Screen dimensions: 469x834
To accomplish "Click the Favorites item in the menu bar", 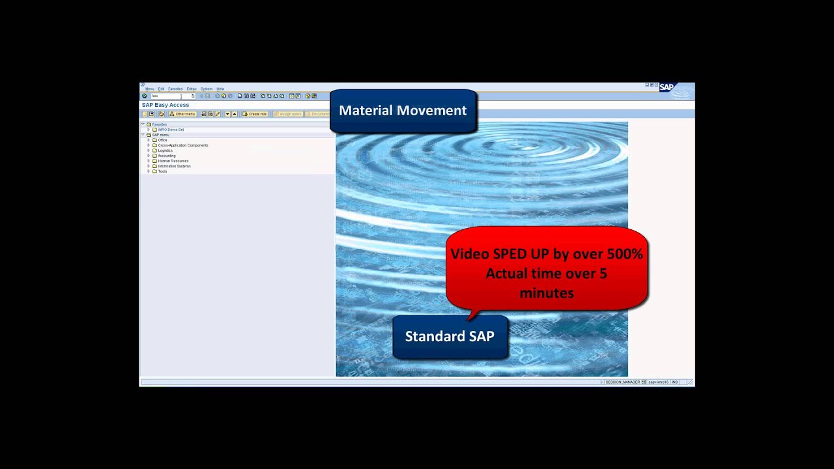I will [x=175, y=89].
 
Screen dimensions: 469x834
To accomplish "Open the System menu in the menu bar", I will [x=206, y=89].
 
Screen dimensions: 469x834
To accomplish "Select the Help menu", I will [x=220, y=89].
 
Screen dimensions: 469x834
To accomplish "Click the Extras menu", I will [x=191, y=89].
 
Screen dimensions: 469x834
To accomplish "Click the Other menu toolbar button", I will [x=182, y=114].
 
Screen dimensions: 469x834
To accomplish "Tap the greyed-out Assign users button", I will [x=287, y=114].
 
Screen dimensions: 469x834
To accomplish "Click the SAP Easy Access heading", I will [x=165, y=105].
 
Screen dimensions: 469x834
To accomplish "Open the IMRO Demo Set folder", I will [x=171, y=130].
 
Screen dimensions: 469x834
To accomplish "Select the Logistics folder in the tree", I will [x=165, y=150].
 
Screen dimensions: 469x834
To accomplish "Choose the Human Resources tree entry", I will [x=173, y=161].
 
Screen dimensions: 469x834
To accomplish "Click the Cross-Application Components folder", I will [x=182, y=145].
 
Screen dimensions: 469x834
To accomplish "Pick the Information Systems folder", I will [x=174, y=166].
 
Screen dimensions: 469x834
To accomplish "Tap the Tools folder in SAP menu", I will [x=162, y=171].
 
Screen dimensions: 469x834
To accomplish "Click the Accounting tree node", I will [x=166, y=156].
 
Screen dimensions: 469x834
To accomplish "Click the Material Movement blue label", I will [x=403, y=111].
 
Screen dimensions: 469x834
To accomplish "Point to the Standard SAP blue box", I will [x=450, y=336].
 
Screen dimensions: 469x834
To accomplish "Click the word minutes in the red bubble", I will [x=547, y=293].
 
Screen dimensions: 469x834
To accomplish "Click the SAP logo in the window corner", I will [x=667, y=87].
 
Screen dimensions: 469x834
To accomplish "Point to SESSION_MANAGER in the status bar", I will [x=622, y=382].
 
